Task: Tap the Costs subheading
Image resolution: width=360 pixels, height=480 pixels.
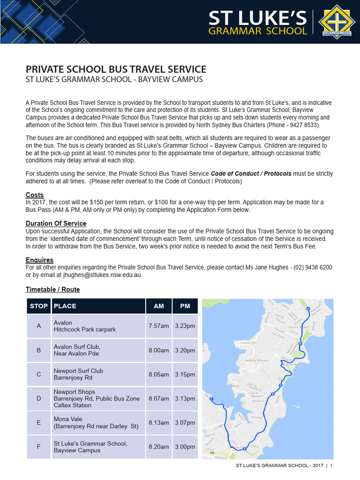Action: pyautogui.click(x=35, y=195)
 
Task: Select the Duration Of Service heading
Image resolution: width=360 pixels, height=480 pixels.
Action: pyautogui.click(x=56, y=224)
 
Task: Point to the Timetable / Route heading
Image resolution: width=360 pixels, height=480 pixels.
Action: pyautogui.click(x=52, y=289)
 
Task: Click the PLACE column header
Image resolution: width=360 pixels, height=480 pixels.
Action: pyautogui.click(x=65, y=306)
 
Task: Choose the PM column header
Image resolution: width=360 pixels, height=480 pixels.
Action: pyautogui.click(x=185, y=306)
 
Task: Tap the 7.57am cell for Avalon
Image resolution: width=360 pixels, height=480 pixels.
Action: pyautogui.click(x=158, y=326)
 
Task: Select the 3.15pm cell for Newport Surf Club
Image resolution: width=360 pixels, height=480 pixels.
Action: pyautogui.click(x=185, y=375)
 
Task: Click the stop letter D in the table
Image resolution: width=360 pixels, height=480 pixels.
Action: pyautogui.click(x=38, y=398)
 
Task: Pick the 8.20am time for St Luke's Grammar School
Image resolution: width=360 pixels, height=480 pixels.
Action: pyautogui.click(x=158, y=447)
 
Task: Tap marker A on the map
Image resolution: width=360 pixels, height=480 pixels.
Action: pyautogui.click(x=308, y=309)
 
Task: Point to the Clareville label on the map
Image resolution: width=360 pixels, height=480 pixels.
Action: pyautogui.click(x=247, y=343)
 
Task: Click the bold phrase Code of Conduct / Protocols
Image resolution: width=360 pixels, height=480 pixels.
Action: pyautogui.click(x=251, y=173)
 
